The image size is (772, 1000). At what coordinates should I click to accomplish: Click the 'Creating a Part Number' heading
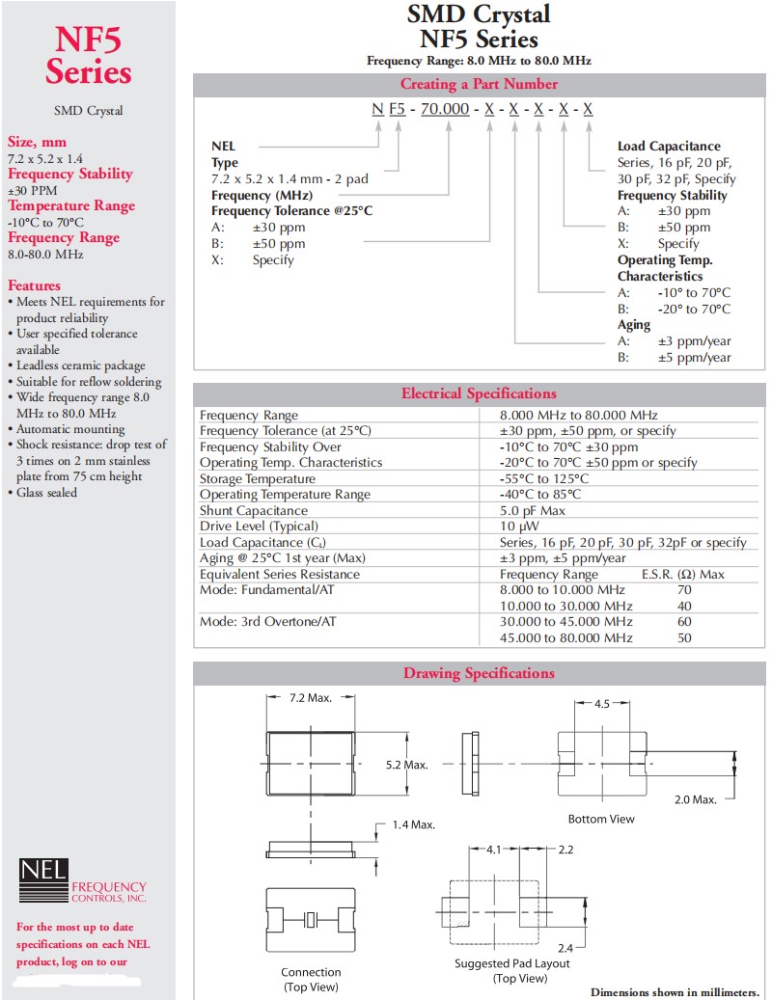coord(479,84)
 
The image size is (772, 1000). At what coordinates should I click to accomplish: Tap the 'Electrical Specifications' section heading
coord(479,393)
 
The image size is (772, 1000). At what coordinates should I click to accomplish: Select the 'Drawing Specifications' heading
coord(479,673)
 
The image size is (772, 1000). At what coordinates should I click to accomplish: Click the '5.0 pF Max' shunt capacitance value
coord(533,510)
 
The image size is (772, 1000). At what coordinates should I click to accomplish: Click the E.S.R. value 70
coord(685,589)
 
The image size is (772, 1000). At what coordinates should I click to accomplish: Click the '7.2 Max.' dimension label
coord(311,697)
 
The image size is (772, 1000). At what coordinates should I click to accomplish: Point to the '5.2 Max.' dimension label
coord(406,765)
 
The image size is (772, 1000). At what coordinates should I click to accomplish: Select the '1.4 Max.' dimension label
coord(414,824)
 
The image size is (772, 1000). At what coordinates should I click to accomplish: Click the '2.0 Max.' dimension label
coord(695,799)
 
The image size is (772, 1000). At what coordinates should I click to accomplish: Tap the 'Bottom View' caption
coord(601,819)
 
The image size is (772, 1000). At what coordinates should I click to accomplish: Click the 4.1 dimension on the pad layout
coord(493,850)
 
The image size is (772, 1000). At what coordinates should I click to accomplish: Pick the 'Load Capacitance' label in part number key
coord(669,147)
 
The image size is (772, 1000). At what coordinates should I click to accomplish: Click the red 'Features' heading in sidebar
coord(34,285)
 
